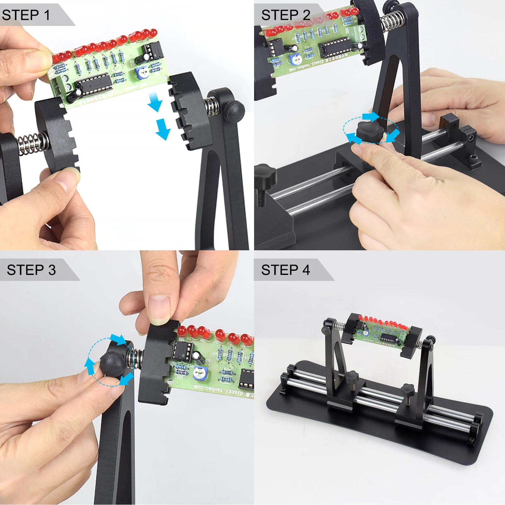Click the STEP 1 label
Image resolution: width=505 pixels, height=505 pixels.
26,15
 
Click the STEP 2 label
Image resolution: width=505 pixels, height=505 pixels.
286,15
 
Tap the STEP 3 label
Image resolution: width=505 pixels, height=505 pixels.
31,270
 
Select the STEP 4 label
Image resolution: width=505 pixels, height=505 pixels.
286,270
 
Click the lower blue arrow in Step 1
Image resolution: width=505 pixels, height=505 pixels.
163,129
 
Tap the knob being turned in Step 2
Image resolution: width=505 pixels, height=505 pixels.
369,129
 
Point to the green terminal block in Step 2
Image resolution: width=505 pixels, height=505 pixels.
359,33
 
